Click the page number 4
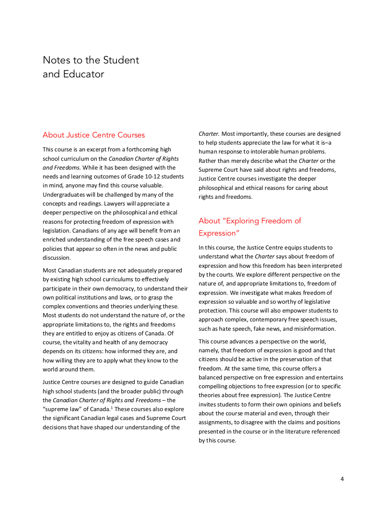pos(342,479)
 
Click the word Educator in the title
pos(84,74)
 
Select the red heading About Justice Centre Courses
pos(93,135)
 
